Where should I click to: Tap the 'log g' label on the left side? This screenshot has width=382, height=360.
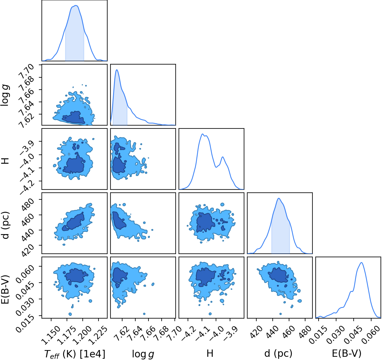5,95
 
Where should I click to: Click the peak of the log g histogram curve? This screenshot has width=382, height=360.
117,69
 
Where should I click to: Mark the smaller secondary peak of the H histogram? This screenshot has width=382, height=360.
223,157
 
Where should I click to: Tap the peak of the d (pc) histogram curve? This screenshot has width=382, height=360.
279,198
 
